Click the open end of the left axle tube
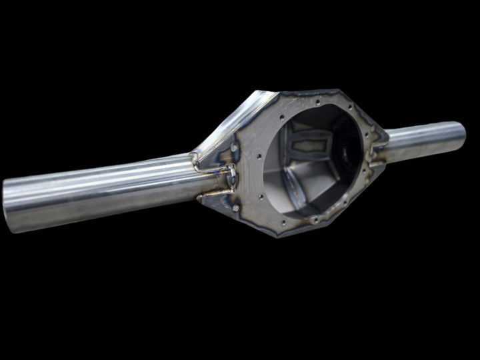coord(9,203)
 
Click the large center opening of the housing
coord(320,160)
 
